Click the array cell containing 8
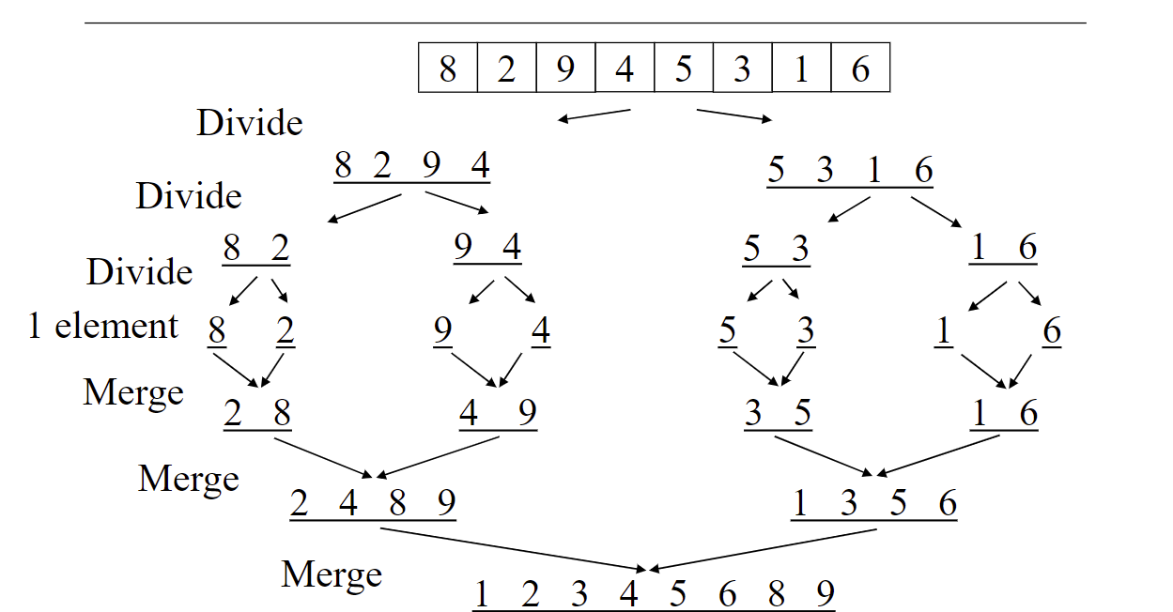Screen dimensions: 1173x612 pos(448,69)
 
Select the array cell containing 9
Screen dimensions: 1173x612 pos(565,69)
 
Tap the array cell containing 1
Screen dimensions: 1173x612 pos(801,69)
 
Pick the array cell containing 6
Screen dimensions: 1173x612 pos(860,69)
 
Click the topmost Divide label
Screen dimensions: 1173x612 pos(249,123)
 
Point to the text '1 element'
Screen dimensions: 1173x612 pos(103,327)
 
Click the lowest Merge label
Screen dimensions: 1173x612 pos(332,574)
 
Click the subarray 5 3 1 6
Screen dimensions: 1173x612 pos(850,171)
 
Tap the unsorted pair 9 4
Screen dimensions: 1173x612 pos(486,248)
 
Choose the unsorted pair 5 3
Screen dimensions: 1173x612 pos(776,250)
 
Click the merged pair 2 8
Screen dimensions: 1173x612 pos(257,414)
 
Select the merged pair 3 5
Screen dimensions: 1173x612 pos(777,414)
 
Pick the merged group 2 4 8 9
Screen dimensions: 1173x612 pos(373,504)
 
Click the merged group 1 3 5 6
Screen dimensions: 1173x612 pos(873,504)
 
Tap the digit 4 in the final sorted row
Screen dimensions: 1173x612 pos(629,594)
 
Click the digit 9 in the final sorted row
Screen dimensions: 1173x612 pos(825,594)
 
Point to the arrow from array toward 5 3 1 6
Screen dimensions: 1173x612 pos(734,115)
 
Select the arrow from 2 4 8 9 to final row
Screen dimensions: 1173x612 pos(513,548)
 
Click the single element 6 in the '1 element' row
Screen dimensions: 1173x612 pos(1051,332)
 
